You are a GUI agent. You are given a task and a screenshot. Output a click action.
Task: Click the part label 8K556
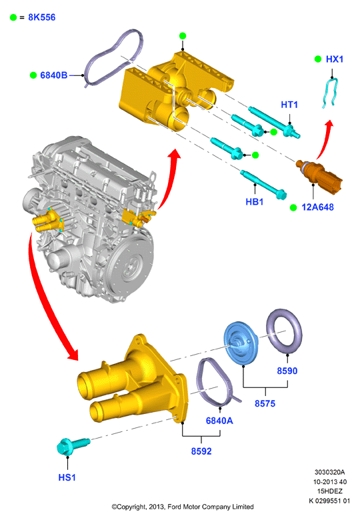42,17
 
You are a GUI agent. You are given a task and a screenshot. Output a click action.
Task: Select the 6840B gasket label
54,75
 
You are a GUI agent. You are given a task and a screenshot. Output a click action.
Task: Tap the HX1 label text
335,59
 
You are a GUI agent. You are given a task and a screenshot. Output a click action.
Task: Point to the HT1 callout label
289,105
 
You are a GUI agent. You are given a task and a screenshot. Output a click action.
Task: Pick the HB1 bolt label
254,201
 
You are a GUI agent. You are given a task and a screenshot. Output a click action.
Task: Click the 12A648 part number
317,207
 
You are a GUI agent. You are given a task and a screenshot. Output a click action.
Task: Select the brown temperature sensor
319,175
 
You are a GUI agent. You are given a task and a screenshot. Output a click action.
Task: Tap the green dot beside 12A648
293,207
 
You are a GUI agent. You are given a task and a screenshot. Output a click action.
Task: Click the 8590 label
287,371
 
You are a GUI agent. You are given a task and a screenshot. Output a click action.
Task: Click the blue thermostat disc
241,344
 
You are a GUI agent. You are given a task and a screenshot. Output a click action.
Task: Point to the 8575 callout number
265,403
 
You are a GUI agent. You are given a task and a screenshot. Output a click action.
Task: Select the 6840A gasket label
219,421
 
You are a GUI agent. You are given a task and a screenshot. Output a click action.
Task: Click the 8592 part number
201,451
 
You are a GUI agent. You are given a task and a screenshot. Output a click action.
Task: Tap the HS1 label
67,477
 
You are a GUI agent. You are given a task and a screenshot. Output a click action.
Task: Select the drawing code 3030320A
329,472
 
